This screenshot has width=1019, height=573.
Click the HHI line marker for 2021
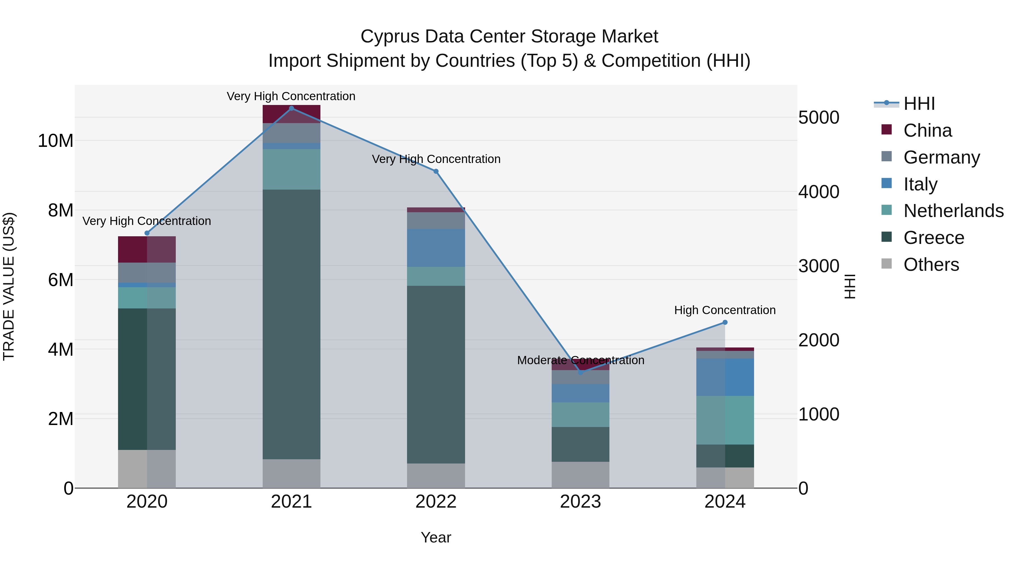pos(292,108)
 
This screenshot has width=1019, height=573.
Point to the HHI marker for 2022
pos(436,171)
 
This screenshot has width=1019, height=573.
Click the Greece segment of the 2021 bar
pos(292,324)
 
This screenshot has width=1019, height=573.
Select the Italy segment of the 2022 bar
pos(436,248)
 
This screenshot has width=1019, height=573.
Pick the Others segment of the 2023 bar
pos(580,475)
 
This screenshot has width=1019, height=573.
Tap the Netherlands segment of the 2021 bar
pos(292,169)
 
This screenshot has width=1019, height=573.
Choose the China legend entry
pos(927,130)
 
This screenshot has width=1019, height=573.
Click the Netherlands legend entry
pos(953,211)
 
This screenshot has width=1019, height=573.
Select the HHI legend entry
pos(919,104)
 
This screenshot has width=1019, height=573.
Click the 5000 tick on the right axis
pos(818,117)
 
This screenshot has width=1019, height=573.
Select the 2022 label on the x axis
pos(436,502)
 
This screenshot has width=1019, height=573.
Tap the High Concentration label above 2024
pos(725,310)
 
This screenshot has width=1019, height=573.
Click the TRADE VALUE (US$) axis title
pos(9,286)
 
